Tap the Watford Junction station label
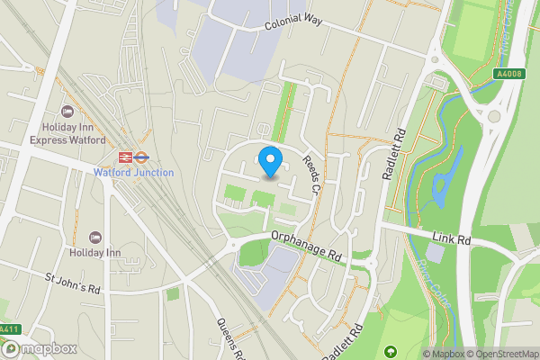tap(134, 173)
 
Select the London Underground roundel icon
tap(141, 157)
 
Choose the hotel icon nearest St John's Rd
tap(97, 236)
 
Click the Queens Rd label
tap(229, 338)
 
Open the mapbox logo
tap(40, 347)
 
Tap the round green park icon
tap(390, 351)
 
